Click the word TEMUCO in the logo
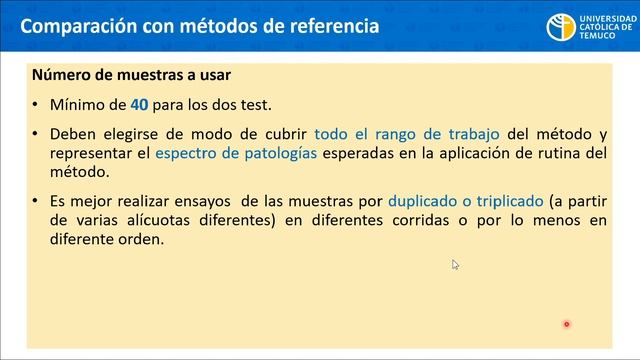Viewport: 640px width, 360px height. (x=592, y=36)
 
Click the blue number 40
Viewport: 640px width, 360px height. (x=139, y=103)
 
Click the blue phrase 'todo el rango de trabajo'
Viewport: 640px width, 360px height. (x=408, y=133)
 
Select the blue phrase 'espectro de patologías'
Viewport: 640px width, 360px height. (x=236, y=153)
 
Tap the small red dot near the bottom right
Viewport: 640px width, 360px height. (x=566, y=323)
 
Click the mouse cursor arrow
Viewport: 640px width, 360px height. (x=455, y=264)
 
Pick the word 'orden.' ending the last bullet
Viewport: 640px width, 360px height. (x=141, y=240)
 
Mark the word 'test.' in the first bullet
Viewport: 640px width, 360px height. (x=250, y=103)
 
